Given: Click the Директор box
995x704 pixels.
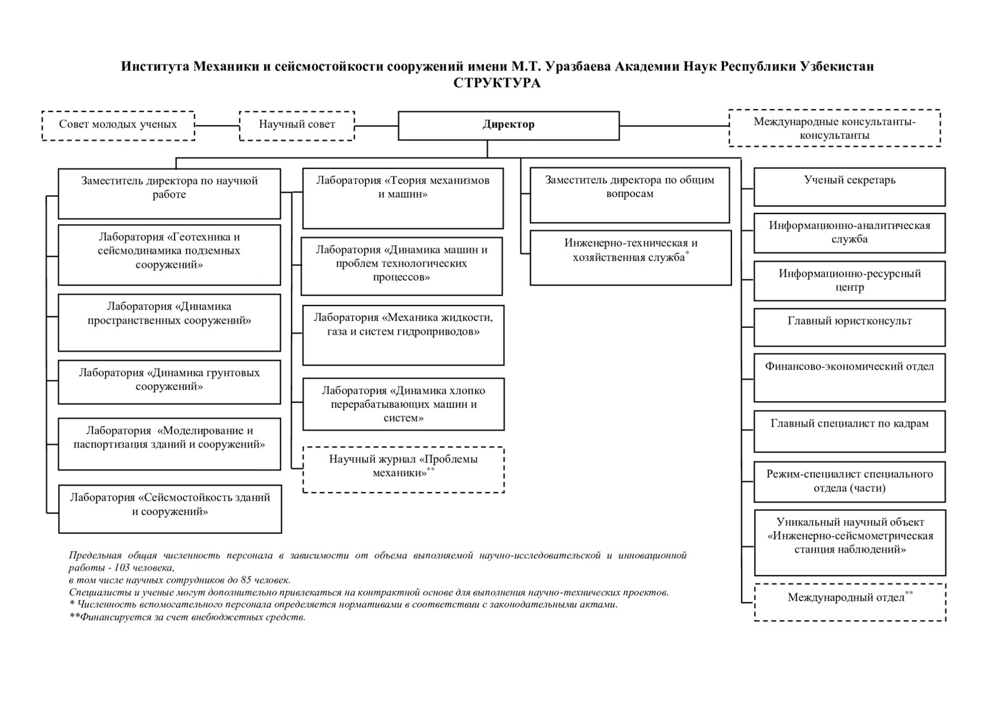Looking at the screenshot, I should pos(508,125).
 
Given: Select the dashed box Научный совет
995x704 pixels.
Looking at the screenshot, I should pos(297,125).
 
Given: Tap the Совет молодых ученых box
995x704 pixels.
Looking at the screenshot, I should pos(118,125).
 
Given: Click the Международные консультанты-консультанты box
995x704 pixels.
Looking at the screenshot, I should pos(834,128).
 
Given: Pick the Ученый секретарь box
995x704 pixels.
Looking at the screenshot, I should pos(849,186).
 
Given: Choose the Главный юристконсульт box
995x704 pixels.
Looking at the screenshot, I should pos(849,327).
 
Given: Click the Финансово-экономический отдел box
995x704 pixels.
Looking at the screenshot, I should pos(849,377).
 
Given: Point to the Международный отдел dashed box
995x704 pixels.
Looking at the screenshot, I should pos(849,601).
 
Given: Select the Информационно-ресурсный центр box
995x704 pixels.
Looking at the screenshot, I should pos(849,281).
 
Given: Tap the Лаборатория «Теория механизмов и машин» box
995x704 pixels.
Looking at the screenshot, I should pos(402,198).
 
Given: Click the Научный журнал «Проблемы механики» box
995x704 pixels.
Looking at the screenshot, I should pos(403,469).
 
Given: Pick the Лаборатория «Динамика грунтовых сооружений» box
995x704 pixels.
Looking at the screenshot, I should pos(169,381).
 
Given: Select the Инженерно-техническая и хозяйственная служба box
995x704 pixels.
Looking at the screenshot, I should pos(630,257).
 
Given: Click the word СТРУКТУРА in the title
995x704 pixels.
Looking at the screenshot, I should pos(497,83).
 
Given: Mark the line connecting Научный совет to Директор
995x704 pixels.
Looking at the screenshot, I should pos(376,125).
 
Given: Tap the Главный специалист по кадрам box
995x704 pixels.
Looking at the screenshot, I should pos(849,431).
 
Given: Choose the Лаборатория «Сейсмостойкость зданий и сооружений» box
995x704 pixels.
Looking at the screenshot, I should pos(170,508).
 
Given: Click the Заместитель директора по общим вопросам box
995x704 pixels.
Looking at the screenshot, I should pos(630,195).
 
